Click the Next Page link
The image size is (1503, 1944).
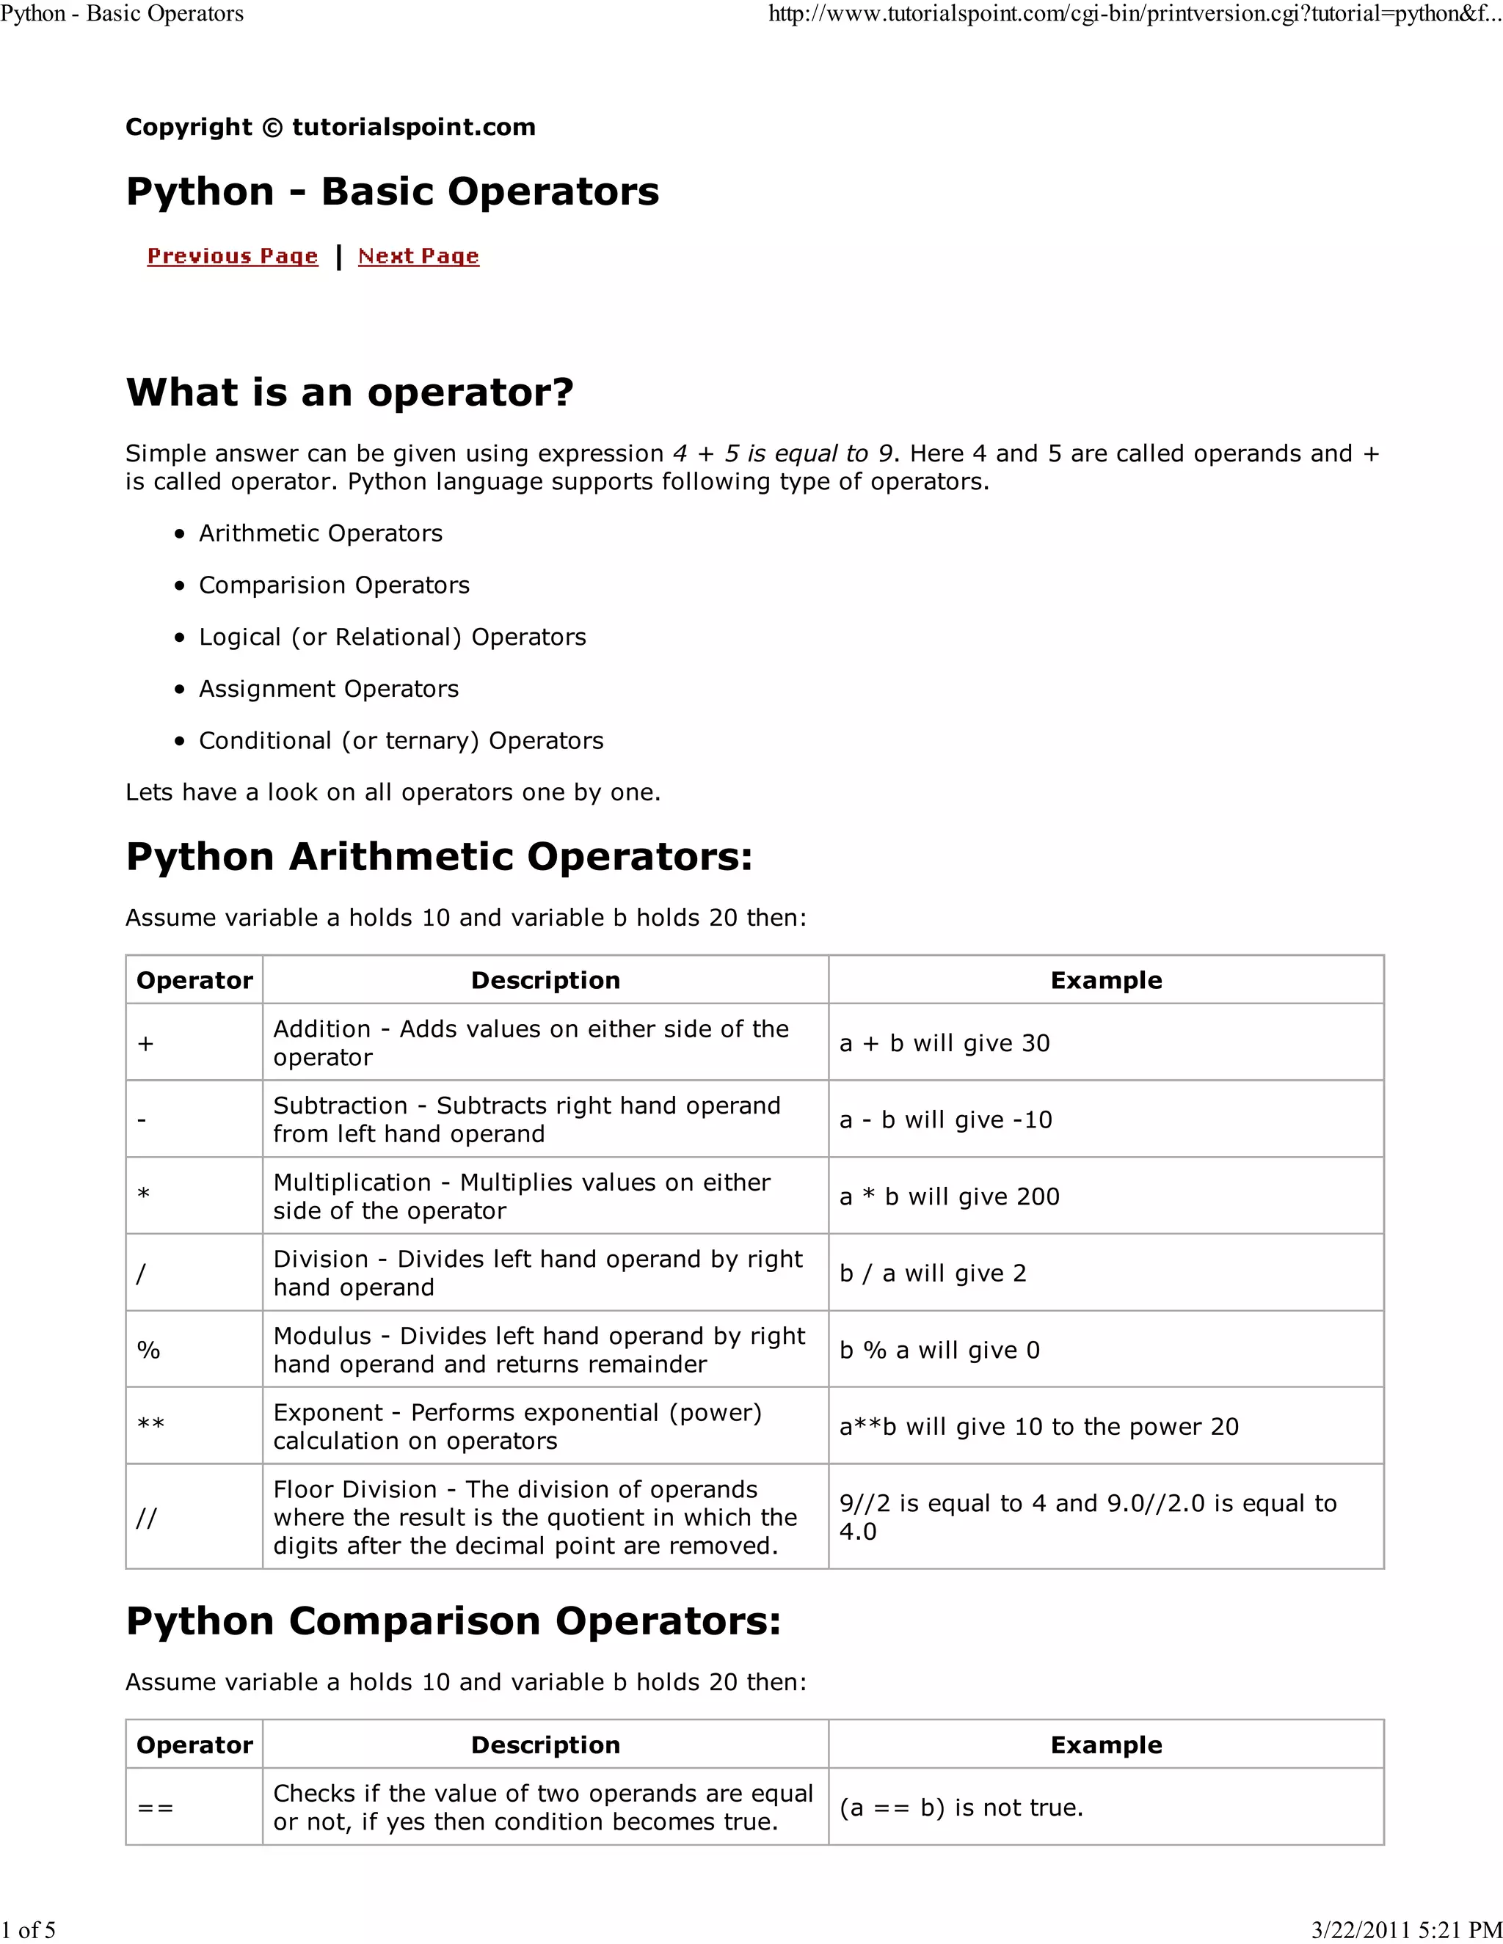(x=418, y=256)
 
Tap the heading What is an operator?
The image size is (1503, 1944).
(x=349, y=392)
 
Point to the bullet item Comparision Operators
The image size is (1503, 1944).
(x=333, y=585)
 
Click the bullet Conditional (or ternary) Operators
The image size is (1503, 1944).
(x=400, y=741)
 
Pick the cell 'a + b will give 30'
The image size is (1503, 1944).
(x=944, y=1043)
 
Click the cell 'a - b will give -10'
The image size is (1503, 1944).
(x=945, y=1119)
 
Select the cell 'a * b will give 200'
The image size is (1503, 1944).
(x=949, y=1196)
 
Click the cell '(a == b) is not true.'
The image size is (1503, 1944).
(x=961, y=1808)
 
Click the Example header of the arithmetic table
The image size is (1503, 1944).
(x=1106, y=980)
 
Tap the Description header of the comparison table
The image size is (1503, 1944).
(x=545, y=1744)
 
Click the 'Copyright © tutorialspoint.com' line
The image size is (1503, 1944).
(x=330, y=128)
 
